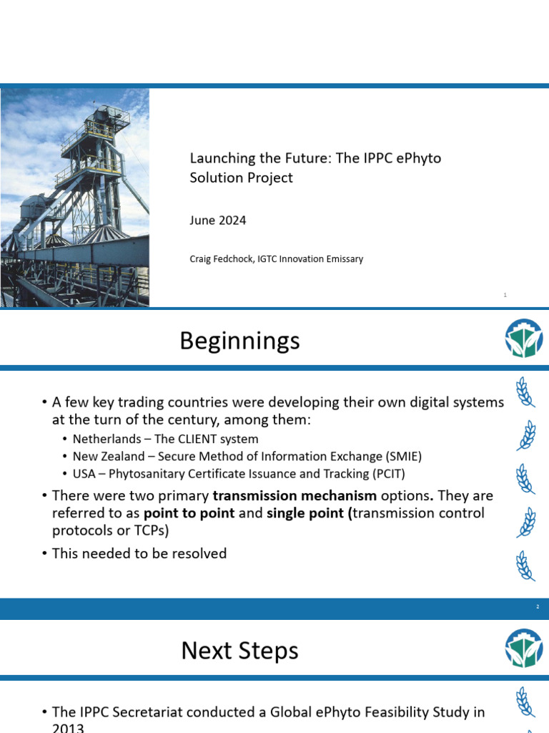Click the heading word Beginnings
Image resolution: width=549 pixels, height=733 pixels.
[x=239, y=341]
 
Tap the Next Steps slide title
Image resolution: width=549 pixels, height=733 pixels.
[x=239, y=651]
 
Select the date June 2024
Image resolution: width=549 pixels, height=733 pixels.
[x=217, y=220]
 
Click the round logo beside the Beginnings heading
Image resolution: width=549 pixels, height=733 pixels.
[x=523, y=339]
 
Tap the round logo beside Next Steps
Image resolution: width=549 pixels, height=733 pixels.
[x=523, y=648]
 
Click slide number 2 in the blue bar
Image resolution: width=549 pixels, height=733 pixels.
[x=538, y=607]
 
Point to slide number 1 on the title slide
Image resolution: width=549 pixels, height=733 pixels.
[x=505, y=295]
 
